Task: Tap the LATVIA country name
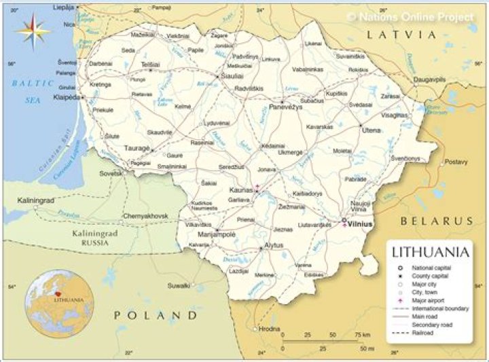click(x=400, y=34)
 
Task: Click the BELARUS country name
click(x=436, y=221)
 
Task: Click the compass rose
click(x=33, y=30)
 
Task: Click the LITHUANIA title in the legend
click(x=431, y=253)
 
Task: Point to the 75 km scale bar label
click(x=361, y=335)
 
